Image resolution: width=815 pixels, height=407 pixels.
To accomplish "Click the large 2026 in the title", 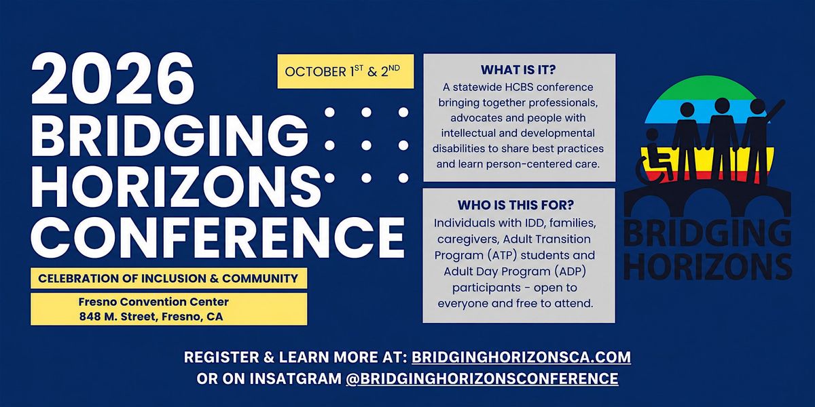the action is pyautogui.click(x=113, y=80).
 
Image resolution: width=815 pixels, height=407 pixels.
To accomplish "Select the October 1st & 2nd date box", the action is pyautogui.click(x=346, y=71).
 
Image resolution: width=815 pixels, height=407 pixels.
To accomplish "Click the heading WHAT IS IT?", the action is pyautogui.click(x=518, y=69).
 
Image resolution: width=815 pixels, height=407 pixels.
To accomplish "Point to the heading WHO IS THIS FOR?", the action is pyautogui.click(x=515, y=205).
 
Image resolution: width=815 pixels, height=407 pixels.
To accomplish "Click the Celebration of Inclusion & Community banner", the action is pyautogui.click(x=169, y=278).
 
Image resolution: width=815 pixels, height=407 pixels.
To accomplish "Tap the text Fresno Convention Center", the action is pyautogui.click(x=153, y=302).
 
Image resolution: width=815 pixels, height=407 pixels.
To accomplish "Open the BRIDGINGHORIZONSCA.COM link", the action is pyautogui.click(x=522, y=357).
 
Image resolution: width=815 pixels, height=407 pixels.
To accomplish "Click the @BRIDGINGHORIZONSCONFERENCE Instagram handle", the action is pyautogui.click(x=482, y=379).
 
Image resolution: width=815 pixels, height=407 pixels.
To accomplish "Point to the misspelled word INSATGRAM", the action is pyautogui.click(x=296, y=379).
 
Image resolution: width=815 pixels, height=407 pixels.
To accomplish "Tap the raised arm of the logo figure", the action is pyautogui.click(x=774, y=109).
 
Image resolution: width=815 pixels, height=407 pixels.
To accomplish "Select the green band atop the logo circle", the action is pyautogui.click(x=707, y=88).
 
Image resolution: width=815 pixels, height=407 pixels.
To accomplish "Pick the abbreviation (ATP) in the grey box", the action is pyautogui.click(x=502, y=255).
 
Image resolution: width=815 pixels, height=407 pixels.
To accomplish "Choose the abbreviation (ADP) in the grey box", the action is pyautogui.click(x=570, y=271).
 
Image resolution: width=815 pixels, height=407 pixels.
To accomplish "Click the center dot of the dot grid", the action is pyautogui.click(x=366, y=145).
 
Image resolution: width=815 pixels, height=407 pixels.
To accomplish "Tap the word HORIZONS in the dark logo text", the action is pyautogui.click(x=708, y=266).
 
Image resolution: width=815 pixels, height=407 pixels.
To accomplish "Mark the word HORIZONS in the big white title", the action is pyautogui.click(x=176, y=186).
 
